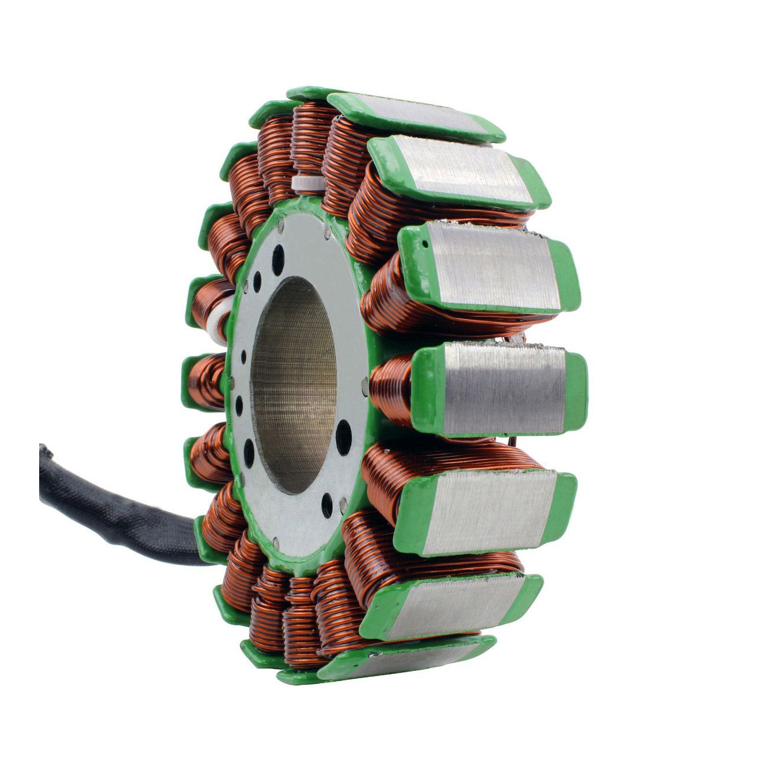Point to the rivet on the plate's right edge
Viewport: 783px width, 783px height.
364,386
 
